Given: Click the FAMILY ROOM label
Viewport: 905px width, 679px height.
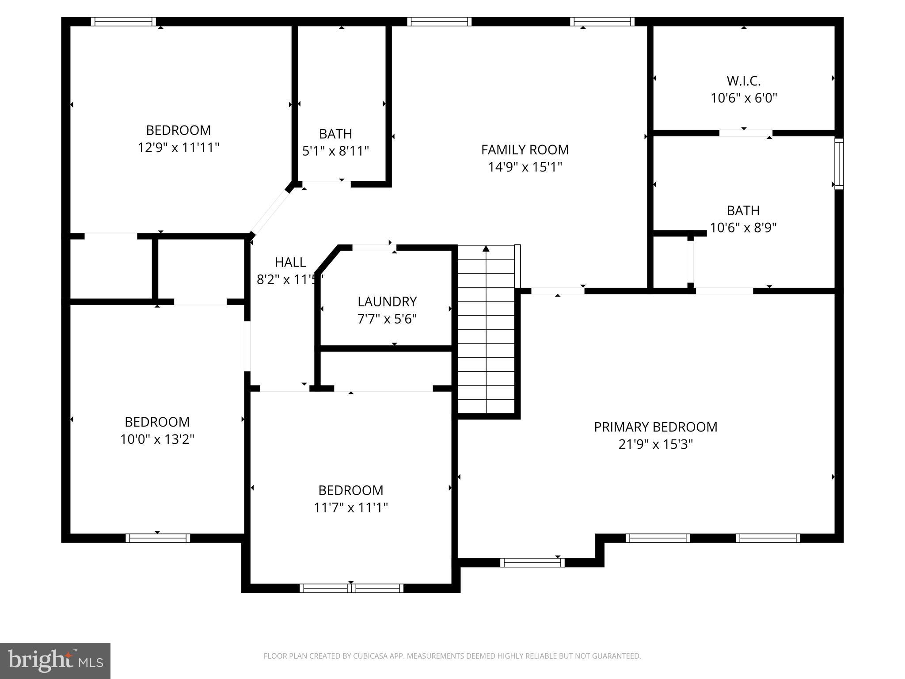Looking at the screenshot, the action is (525, 150).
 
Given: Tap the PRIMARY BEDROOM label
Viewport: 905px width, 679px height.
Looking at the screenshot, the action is (655, 427).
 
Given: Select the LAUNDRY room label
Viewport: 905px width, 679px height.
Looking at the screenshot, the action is (387, 301).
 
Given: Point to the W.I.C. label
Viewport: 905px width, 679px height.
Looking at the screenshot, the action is (744, 81).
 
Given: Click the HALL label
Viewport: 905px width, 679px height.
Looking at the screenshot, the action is (290, 262).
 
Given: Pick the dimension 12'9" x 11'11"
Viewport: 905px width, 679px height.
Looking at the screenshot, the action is (179, 147).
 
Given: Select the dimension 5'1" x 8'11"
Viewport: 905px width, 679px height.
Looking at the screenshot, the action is (335, 151).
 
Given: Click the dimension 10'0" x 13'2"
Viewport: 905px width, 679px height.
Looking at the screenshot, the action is (157, 439).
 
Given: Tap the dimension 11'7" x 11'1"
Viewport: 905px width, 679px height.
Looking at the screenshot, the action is (351, 507).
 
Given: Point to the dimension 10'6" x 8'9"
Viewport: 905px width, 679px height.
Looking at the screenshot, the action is (743, 228).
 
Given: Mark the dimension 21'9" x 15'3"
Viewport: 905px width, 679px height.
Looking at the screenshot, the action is (655, 444).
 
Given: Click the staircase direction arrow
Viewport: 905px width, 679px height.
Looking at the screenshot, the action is (486, 329).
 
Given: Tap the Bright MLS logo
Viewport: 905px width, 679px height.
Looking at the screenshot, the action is (55, 661).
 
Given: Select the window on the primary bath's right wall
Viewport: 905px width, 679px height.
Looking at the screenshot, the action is (839, 164).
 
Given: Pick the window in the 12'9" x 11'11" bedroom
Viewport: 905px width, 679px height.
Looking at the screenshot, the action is (123, 22).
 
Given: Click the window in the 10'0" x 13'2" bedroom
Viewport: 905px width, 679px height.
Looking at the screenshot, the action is (158, 538).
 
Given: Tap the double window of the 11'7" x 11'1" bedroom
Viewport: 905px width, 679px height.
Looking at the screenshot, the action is (351, 588).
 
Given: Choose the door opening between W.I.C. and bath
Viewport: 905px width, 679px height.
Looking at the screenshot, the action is (746, 133).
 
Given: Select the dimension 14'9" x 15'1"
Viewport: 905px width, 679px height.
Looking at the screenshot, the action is (525, 167).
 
